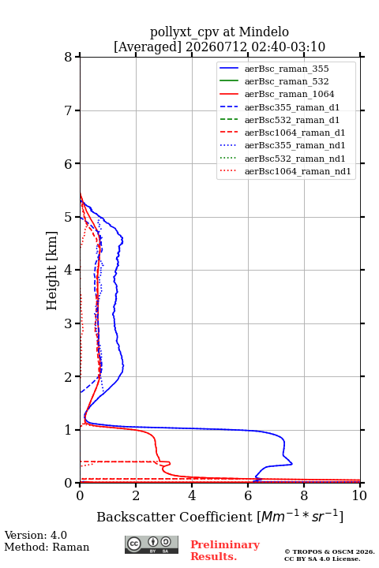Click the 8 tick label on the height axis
coord(69,57)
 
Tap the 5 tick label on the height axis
coord(69,217)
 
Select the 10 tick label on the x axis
coord(359,495)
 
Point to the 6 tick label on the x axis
coord(248,495)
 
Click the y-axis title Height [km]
coord(52,271)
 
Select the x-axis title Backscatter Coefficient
coord(174,517)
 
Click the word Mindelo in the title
coord(264,32)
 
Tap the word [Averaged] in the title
coord(148,47)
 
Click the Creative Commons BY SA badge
coord(152,544)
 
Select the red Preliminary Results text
coord(225,551)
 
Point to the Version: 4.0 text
coord(36,535)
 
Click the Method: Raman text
coord(47,547)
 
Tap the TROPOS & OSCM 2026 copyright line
coord(330,551)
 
